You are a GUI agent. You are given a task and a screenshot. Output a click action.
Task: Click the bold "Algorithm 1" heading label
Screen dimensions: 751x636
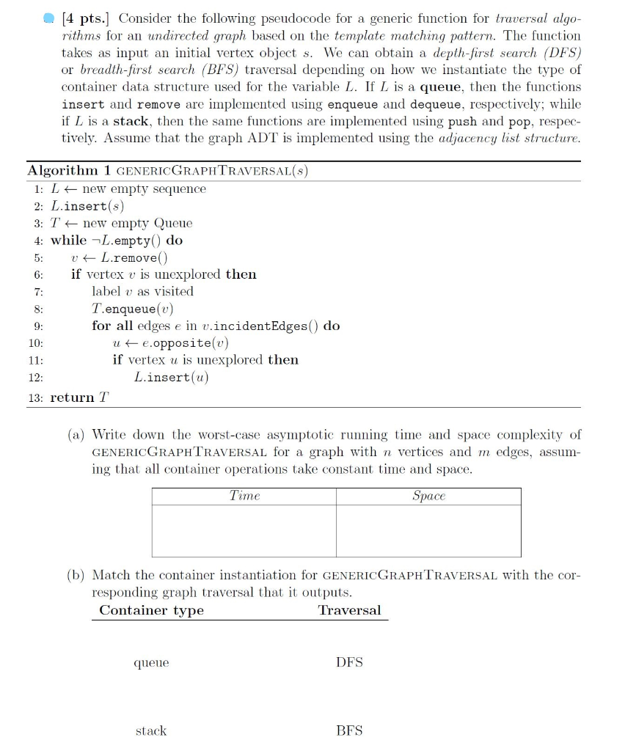point(68,171)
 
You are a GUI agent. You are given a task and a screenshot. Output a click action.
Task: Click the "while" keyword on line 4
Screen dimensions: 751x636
point(68,241)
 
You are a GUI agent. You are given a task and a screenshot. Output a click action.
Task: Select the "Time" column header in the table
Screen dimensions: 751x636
point(244,497)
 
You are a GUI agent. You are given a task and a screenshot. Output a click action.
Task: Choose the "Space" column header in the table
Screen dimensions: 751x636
point(428,497)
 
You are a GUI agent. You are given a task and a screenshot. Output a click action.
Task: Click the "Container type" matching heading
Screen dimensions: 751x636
point(151,610)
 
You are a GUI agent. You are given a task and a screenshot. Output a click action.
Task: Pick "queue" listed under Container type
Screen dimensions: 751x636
point(151,663)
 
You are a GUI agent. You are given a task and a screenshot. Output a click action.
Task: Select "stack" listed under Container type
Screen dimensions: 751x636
point(151,730)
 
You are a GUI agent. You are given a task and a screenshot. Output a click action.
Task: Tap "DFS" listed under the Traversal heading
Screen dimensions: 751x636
point(349,662)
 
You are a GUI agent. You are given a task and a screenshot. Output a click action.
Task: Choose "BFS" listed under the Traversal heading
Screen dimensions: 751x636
point(349,730)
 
